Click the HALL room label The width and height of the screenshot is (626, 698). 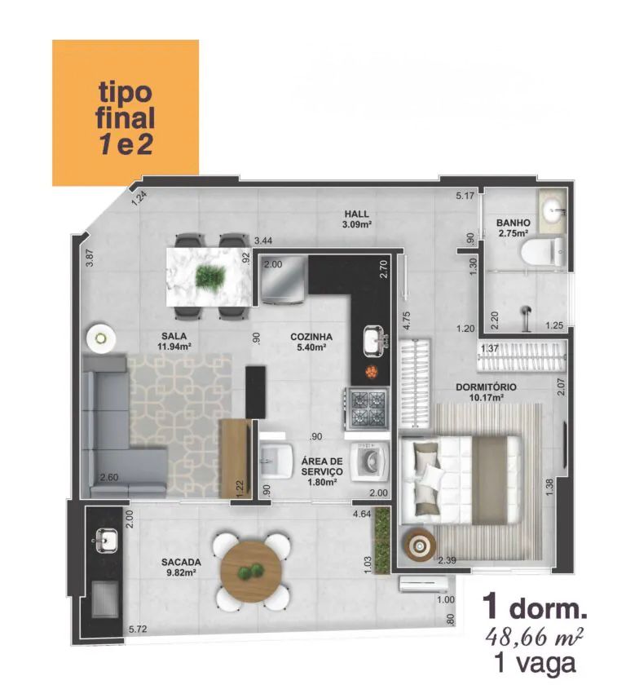pos(356,214)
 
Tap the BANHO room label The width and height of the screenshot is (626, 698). pos(514,223)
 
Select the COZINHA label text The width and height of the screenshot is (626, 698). pos(311,337)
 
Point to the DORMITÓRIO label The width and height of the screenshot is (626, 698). pos(486,387)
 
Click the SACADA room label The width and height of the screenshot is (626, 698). pos(181,563)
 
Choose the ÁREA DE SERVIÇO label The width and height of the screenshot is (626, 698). pos(322,466)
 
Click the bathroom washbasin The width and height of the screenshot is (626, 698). pos(553,210)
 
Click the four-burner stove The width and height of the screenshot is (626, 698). pos(366,409)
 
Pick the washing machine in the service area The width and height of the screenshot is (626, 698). pos(369,462)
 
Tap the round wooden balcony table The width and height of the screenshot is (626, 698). pos(251,571)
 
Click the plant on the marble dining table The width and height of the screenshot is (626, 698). pos(209,276)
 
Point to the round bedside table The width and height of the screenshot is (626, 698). pos(420,544)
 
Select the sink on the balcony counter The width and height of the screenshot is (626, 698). pos(106,540)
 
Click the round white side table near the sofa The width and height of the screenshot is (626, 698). pos(101,338)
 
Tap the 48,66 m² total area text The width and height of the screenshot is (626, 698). pos(535,637)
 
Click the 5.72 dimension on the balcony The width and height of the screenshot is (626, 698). pos(138,629)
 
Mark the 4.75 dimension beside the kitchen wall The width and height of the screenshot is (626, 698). pos(405,320)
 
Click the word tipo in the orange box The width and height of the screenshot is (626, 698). pos(125,91)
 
